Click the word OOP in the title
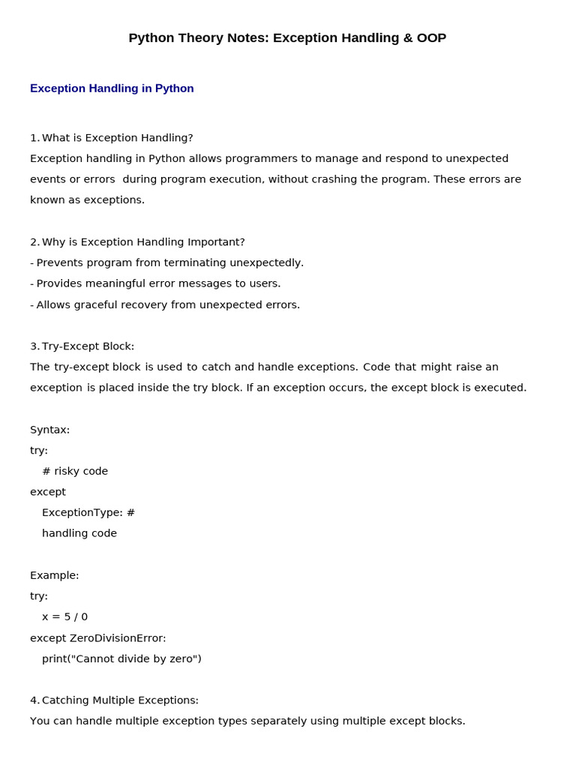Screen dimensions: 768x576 [431, 38]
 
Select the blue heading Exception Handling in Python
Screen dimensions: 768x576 [112, 88]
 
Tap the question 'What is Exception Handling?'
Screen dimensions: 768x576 [117, 138]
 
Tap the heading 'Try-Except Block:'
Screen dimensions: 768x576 [88, 346]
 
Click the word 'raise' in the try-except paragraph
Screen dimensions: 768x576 [469, 367]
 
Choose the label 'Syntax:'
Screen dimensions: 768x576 [49, 430]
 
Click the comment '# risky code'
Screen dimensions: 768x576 [75, 471]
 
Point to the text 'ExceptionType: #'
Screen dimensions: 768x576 [88, 513]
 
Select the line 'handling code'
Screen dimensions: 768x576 [79, 533]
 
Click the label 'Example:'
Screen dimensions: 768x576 [54, 575]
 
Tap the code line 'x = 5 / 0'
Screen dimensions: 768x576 [64, 616]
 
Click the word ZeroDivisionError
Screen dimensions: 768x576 [118, 638]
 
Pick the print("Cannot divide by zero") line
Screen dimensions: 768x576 [121, 658]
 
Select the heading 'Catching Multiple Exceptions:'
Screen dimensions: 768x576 [120, 700]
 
